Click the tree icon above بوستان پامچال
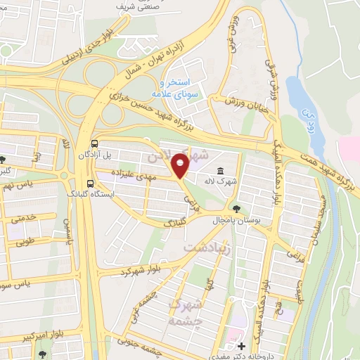tap(236, 208)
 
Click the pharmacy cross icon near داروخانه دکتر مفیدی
tap(241, 346)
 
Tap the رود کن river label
tap(304, 113)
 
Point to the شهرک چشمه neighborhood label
tap(186, 312)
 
